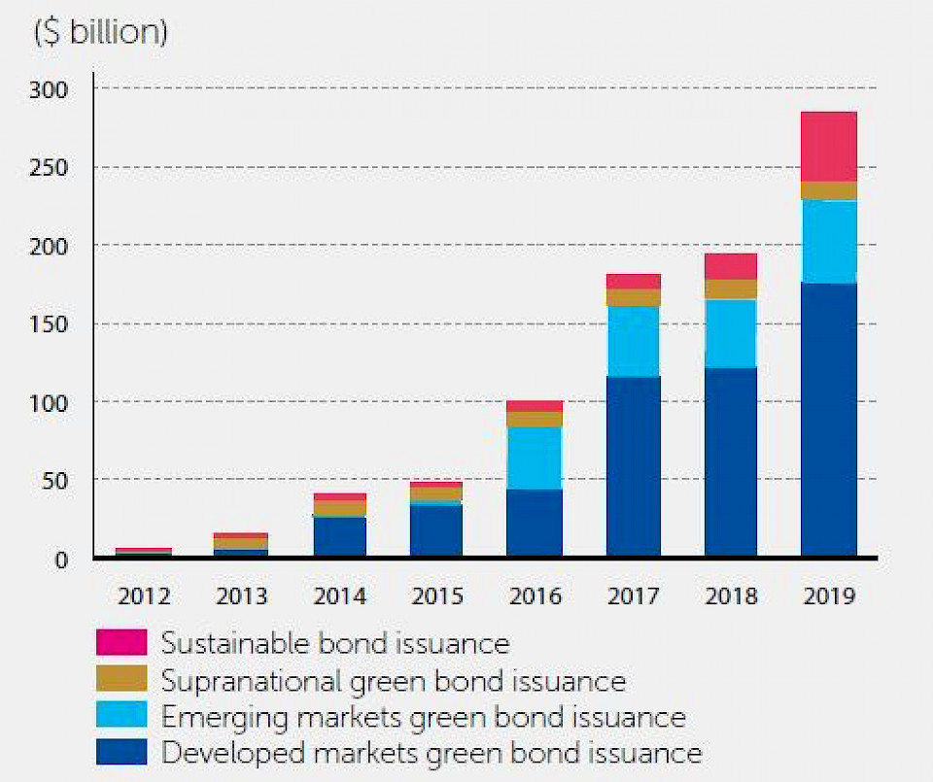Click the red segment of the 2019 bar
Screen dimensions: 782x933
pyautogui.click(x=828, y=147)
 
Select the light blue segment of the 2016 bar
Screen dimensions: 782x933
pyautogui.click(x=535, y=458)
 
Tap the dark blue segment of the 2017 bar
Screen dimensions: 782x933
pyautogui.click(x=633, y=466)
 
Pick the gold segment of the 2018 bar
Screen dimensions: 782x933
pyautogui.click(x=730, y=289)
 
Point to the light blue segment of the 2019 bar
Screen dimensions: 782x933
pyautogui.click(x=828, y=242)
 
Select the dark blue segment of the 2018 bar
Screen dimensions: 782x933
pyautogui.click(x=730, y=461)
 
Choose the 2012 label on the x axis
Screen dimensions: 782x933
pyautogui.click(x=144, y=595)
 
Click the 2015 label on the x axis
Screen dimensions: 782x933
pyautogui.click(x=436, y=595)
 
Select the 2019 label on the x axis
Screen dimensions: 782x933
pyautogui.click(x=828, y=595)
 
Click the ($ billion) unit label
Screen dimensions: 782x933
pyautogui.click(x=101, y=32)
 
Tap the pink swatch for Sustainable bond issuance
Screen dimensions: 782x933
pyautogui.click(x=121, y=642)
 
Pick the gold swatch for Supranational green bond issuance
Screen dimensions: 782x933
pyautogui.click(x=121, y=679)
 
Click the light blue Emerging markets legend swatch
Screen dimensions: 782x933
pyautogui.click(x=121, y=716)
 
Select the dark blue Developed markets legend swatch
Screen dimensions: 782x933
pyautogui.click(x=121, y=752)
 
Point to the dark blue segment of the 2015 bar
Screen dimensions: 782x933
pyautogui.click(x=436, y=530)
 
